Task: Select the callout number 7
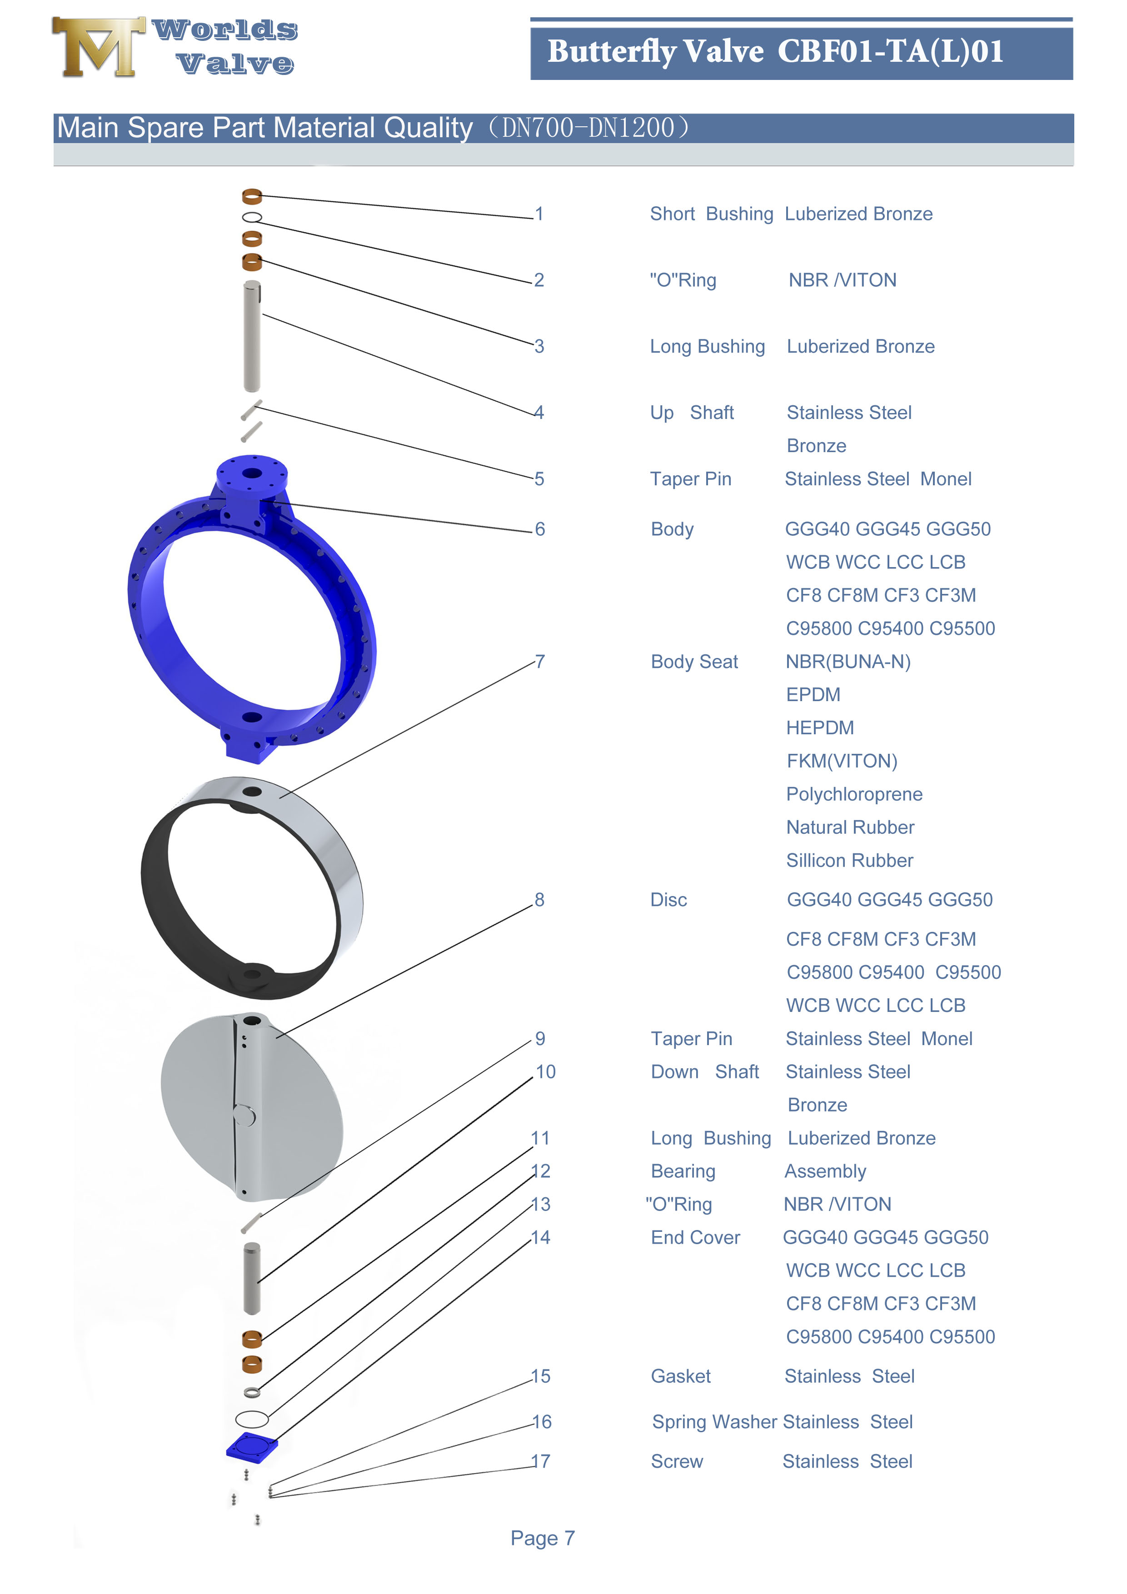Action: pyautogui.click(x=539, y=662)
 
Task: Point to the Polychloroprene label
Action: pyautogui.click(x=853, y=794)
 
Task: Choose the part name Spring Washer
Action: pyautogui.click(x=713, y=1422)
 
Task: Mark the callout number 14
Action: pyautogui.click(x=540, y=1237)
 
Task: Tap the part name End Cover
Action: pyautogui.click(x=695, y=1237)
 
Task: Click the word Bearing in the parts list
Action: pyautogui.click(x=683, y=1171)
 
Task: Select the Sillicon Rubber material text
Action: pyautogui.click(x=849, y=860)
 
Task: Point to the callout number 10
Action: pyautogui.click(x=545, y=1072)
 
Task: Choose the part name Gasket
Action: pyautogui.click(x=680, y=1376)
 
